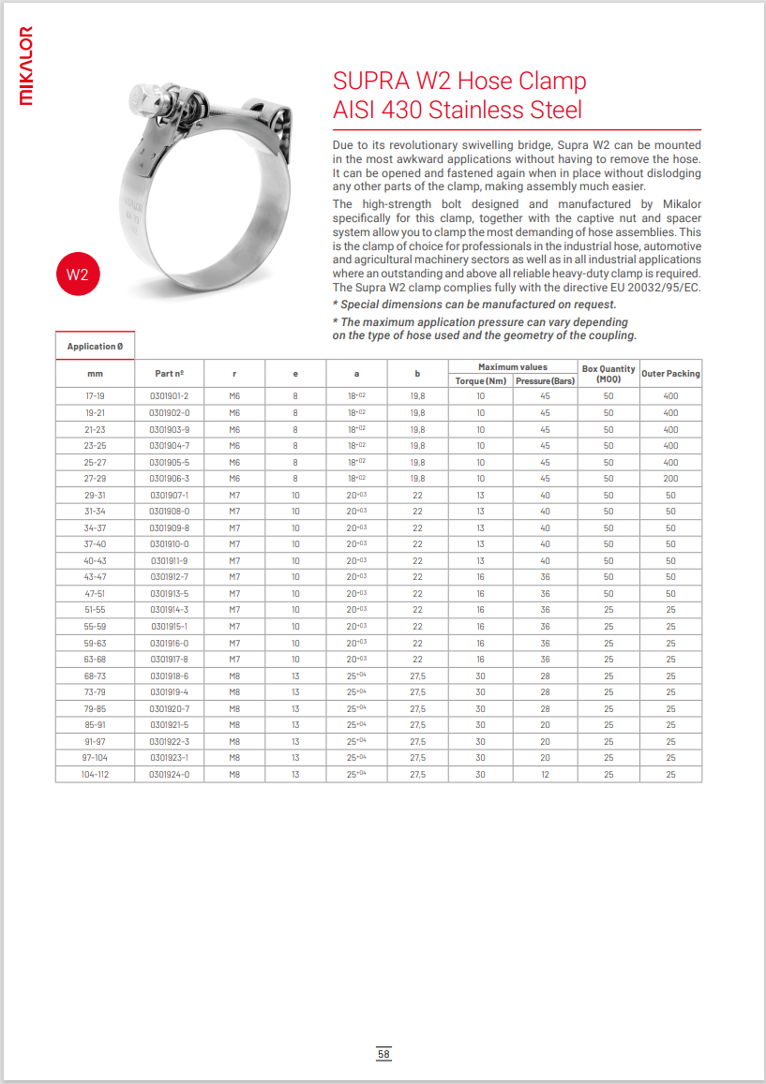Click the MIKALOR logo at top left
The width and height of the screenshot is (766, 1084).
pyautogui.click(x=26, y=65)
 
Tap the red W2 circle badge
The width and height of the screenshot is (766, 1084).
pyautogui.click(x=77, y=275)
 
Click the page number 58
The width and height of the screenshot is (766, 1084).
pyautogui.click(x=383, y=1054)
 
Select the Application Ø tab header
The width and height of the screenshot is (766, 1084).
pyautogui.click(x=95, y=346)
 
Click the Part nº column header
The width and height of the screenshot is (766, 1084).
pyautogui.click(x=170, y=373)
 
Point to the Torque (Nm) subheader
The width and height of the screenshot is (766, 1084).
pyautogui.click(x=480, y=380)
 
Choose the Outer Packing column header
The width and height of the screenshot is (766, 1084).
pyautogui.click(x=670, y=373)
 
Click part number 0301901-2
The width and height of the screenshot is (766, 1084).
pyautogui.click(x=170, y=396)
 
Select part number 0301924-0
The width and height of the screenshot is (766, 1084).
pyautogui.click(x=170, y=774)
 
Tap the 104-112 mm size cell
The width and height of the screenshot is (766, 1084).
pyautogui.click(x=95, y=774)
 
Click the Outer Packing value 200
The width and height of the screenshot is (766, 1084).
pyautogui.click(x=670, y=479)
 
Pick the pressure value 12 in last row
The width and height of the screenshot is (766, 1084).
pyautogui.click(x=545, y=774)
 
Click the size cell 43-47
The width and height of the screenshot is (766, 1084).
pyautogui.click(x=95, y=577)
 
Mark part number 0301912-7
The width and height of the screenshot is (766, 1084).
pyautogui.click(x=170, y=577)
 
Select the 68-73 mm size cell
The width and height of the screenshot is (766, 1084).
pyautogui.click(x=95, y=676)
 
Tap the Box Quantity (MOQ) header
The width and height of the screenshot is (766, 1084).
pyautogui.click(x=608, y=373)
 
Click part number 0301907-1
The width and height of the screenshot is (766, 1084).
pyautogui.click(x=170, y=495)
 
